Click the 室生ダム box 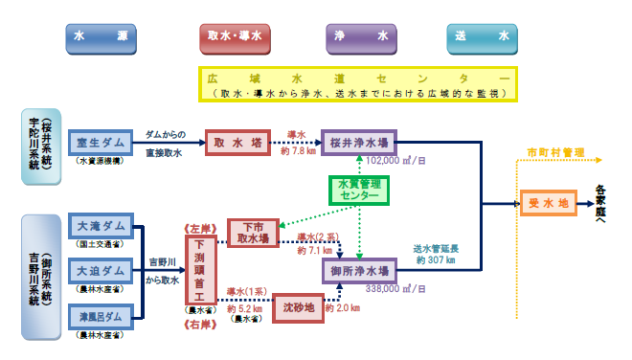point(100,143)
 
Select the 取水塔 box point(233,143)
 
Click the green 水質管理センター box point(358,191)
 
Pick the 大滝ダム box point(100,227)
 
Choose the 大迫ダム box point(100,270)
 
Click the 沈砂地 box point(297,310)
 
